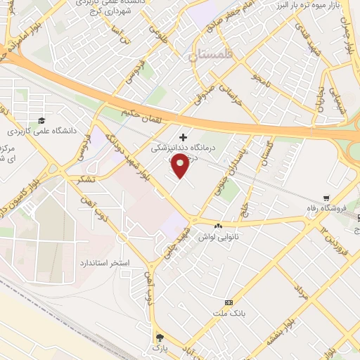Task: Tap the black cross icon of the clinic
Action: [x=184, y=136]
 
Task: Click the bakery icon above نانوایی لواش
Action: [x=218, y=226]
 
